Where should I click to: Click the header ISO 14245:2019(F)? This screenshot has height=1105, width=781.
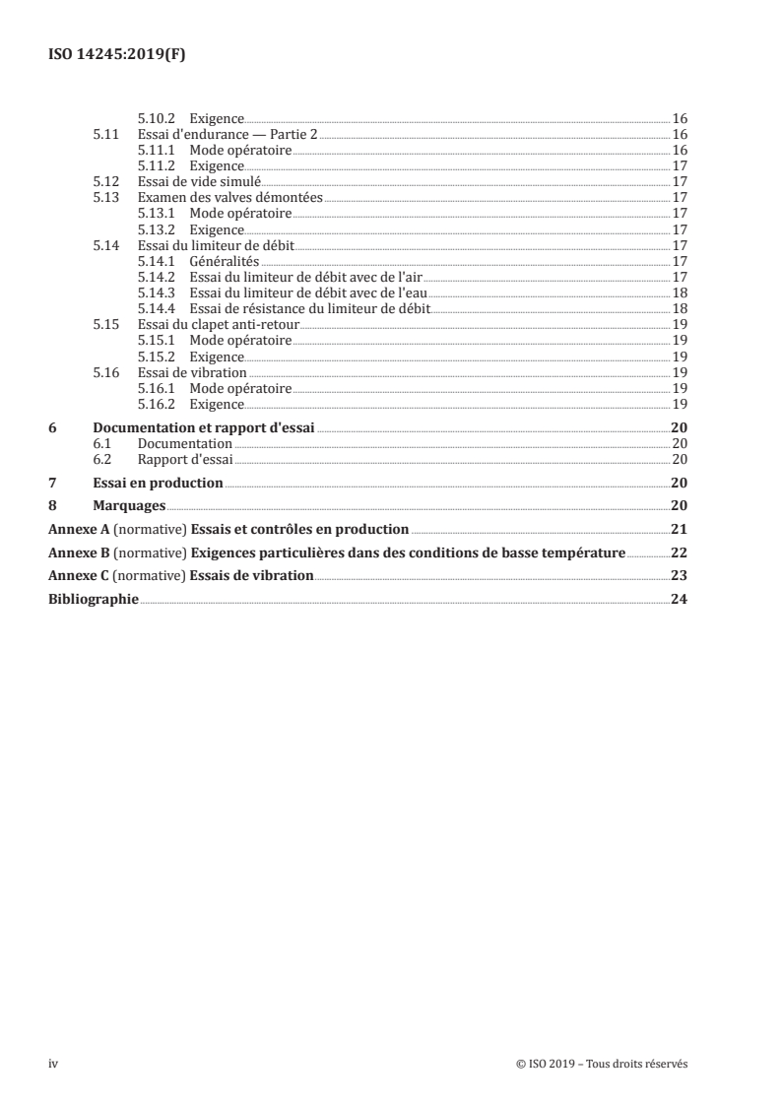point(117,56)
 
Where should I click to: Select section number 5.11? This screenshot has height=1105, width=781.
point(105,134)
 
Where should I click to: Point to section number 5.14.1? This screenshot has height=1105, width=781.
point(156,261)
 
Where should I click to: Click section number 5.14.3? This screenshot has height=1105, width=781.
point(156,292)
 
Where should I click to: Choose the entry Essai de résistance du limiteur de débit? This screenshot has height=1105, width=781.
point(310,308)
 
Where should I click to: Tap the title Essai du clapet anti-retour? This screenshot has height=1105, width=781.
point(218,324)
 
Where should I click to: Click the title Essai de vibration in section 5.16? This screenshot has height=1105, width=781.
point(192,372)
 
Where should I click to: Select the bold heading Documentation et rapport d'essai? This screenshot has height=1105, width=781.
point(203,428)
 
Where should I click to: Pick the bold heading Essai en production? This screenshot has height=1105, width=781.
point(158,483)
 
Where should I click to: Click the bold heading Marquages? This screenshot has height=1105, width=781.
point(127,505)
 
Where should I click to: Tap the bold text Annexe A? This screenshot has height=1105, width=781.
point(77,529)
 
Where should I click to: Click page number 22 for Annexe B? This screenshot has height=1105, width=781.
point(678,552)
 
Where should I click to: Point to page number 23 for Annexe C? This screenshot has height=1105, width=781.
point(678,575)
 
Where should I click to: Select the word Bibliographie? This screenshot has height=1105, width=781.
point(94,599)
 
